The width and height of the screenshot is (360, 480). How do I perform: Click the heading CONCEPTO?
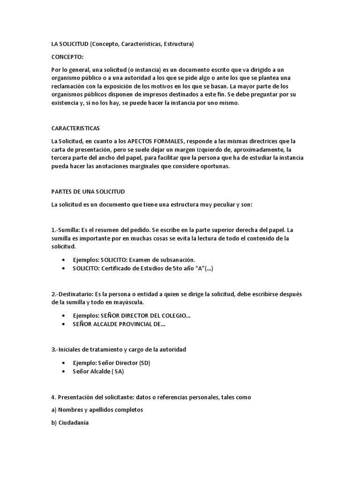[67, 57]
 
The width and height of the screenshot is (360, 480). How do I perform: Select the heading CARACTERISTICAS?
[75, 128]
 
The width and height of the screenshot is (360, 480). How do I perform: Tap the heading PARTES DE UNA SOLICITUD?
[88, 192]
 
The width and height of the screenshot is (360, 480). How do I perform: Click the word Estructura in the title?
[176, 44]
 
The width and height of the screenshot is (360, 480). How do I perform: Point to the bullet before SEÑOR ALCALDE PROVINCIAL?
[63, 324]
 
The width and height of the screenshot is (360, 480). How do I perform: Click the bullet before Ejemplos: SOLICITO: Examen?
[63, 260]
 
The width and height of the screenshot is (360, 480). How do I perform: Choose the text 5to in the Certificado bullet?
[178, 269]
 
